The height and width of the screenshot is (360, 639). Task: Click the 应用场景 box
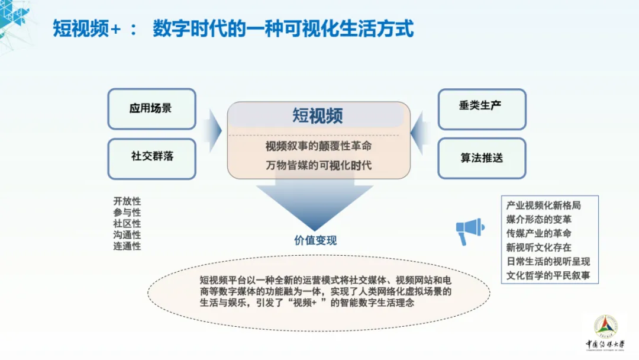tap(151, 109)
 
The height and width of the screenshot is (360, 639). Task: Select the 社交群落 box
tap(151, 157)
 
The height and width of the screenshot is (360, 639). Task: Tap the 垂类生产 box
tap(482, 107)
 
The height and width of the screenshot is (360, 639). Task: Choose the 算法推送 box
tap(482, 158)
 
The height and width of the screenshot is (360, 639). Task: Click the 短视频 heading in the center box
tap(318, 115)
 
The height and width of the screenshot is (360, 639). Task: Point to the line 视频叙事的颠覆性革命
tap(318, 146)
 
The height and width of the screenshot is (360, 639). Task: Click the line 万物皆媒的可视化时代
tap(318, 165)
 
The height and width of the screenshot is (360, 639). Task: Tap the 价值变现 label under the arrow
tap(315, 240)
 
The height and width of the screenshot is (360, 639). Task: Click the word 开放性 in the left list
tap(127, 201)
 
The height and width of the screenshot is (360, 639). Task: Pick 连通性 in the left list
tap(127, 246)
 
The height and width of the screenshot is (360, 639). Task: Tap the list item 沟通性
tap(127, 234)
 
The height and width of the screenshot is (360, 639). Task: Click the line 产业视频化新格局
tap(543, 205)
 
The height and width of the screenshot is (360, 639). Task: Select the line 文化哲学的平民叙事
tap(548, 275)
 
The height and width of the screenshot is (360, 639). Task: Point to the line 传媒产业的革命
tap(538, 233)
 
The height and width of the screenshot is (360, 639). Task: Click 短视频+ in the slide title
tap(86, 28)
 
